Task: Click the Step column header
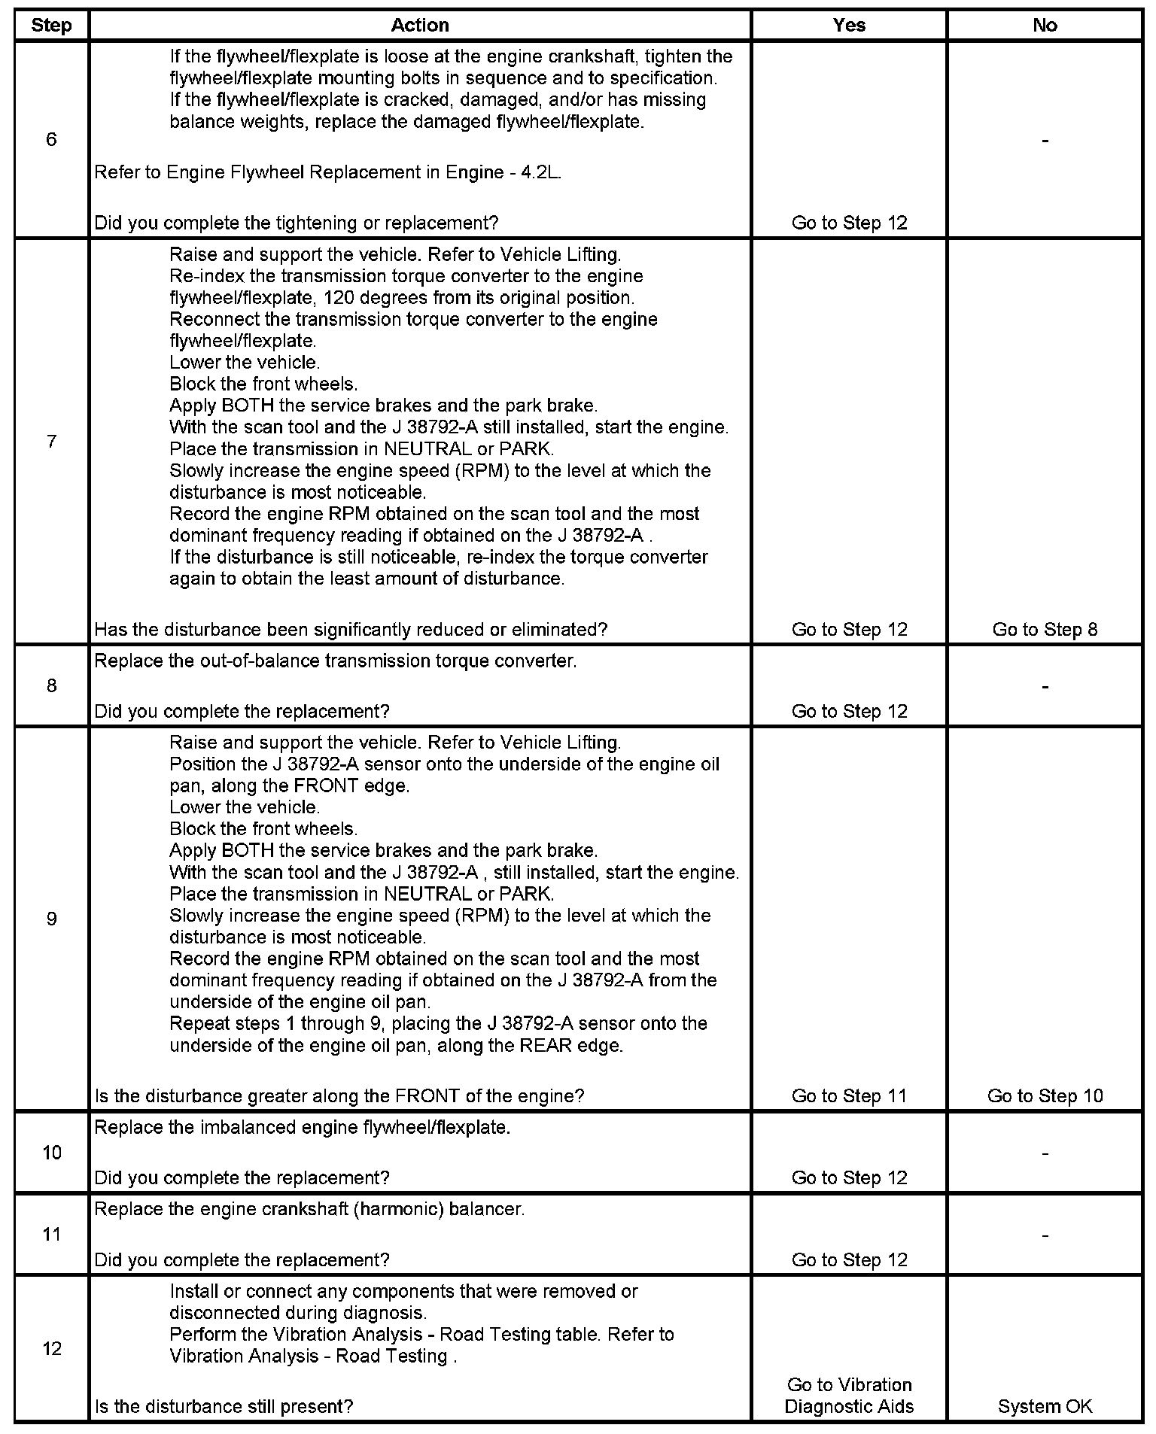(51, 26)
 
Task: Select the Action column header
(419, 26)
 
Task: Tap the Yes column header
(849, 26)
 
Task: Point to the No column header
(1045, 26)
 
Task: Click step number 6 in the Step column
(51, 139)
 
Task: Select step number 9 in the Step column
(51, 919)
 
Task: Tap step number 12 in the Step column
(51, 1348)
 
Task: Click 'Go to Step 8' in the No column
(1045, 630)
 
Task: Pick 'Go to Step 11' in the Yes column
(849, 1096)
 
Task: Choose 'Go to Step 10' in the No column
(1045, 1096)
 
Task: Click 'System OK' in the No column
(1045, 1406)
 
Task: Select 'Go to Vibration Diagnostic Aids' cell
(849, 1396)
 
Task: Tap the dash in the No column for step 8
(1045, 686)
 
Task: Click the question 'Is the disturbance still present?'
(224, 1406)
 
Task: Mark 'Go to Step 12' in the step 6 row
(849, 223)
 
